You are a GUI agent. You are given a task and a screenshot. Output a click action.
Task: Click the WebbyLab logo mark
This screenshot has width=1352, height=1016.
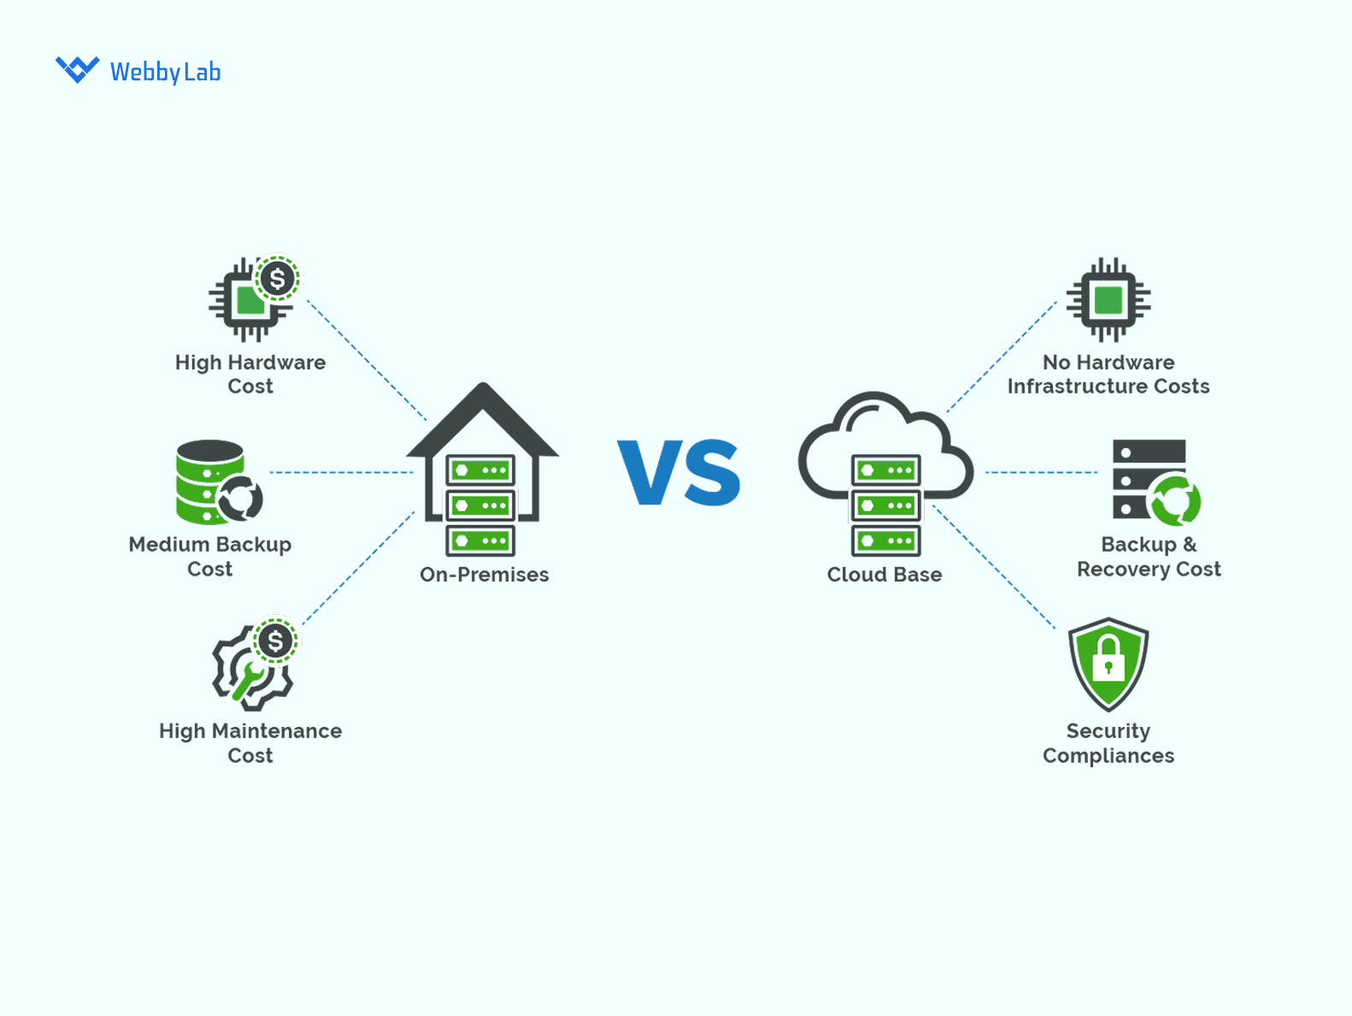pos(77,69)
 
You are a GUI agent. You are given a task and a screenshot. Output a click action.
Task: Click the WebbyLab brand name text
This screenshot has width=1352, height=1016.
pos(165,72)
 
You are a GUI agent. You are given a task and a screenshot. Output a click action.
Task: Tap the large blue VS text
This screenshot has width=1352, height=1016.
pos(679,472)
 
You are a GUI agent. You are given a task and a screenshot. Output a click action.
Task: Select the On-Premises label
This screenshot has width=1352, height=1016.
pos(484,575)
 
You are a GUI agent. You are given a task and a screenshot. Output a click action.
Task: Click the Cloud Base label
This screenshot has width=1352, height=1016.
pos(884,575)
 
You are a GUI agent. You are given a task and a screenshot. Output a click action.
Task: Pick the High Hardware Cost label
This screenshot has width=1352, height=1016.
pos(250,374)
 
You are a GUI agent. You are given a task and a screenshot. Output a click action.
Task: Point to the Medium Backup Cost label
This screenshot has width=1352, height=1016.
pos(210,556)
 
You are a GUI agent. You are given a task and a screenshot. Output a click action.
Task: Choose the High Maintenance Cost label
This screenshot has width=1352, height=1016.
pos(250,742)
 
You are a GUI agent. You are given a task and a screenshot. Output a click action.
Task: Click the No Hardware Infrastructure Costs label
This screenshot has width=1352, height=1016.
pos(1108,374)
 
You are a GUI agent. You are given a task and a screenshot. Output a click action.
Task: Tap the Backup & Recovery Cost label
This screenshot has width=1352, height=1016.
pos(1148,556)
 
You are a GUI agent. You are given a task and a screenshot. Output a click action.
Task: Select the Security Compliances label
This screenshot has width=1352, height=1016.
pos(1108,742)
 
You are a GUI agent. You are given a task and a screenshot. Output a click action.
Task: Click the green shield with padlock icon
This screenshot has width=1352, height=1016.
pos(1108,663)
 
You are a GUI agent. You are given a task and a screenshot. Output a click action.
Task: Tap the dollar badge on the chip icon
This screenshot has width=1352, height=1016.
pos(277,279)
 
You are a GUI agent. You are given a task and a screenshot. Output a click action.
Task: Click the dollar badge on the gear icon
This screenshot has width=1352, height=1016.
pos(275,641)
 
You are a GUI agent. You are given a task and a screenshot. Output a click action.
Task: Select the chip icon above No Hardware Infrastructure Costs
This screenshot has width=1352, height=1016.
pos(1108,300)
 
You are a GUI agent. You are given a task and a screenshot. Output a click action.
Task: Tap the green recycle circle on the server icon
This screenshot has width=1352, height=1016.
pos(1175,500)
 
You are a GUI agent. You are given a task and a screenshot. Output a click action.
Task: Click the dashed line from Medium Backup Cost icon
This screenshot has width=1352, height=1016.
pos(342,472)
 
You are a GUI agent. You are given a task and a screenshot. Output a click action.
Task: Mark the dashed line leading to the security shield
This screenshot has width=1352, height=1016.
pos(996,569)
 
